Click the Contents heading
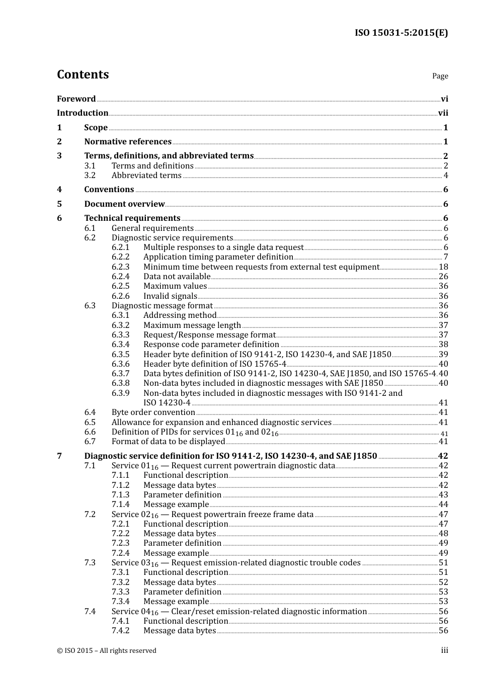83,74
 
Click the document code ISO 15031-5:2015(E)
401,33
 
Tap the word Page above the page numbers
440,76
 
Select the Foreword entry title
76,99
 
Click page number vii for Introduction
443,113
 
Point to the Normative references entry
128,142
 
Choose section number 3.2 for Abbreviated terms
90,176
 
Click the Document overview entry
124,204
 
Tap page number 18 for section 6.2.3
443,267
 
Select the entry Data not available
177,277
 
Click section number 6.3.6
120,364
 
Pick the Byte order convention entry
153,412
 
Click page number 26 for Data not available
443,277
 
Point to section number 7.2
90,515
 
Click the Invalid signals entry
170,296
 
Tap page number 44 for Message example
443,504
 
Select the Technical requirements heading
132,218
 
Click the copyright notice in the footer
107,651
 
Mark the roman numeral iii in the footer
444,651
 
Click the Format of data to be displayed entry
168,442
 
